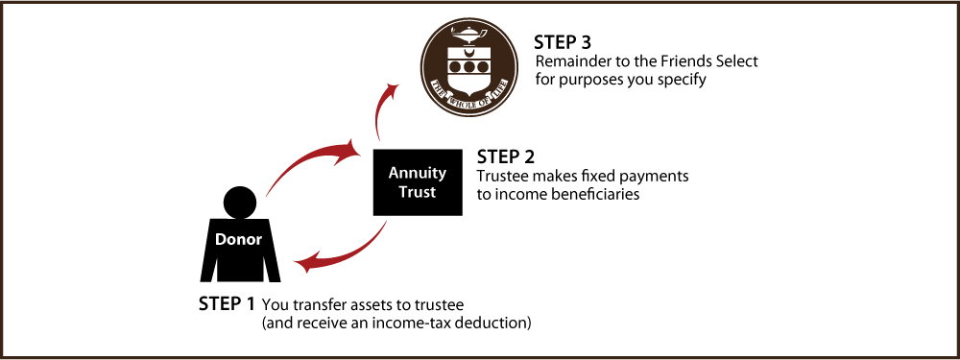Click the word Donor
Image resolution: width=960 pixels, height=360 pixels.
[x=238, y=239]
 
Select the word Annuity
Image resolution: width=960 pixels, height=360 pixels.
[x=417, y=174]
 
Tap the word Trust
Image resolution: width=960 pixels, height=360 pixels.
[x=417, y=192]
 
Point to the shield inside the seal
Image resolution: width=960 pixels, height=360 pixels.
[x=468, y=65]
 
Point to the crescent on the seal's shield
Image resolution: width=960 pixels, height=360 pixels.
[x=468, y=52]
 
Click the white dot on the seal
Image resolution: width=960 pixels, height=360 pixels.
[x=465, y=104]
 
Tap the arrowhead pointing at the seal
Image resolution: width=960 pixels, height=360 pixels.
[x=392, y=88]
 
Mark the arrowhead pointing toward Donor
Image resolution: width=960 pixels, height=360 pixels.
[x=301, y=263]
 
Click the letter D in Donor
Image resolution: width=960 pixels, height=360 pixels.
[x=220, y=239]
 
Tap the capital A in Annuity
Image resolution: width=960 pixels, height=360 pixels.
[x=394, y=174]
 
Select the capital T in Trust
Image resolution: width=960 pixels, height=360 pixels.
[x=402, y=192]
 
